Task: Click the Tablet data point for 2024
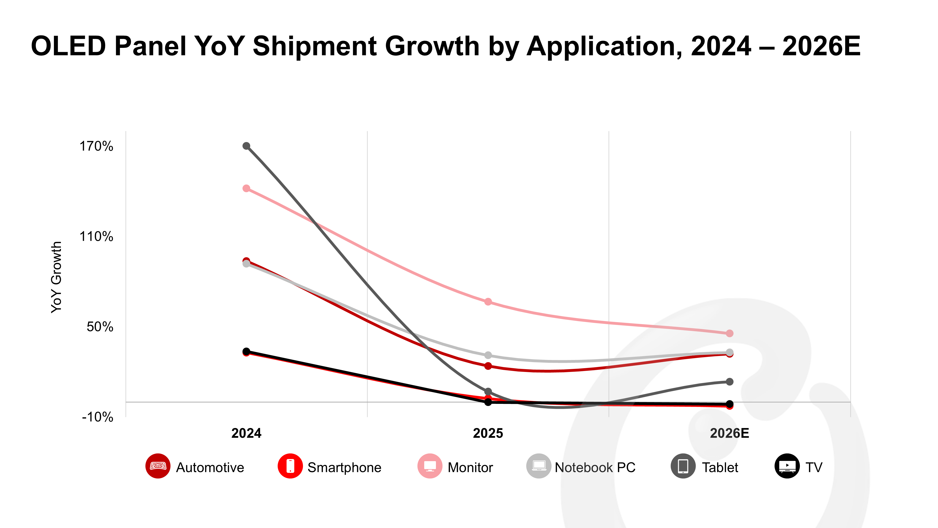coord(246,146)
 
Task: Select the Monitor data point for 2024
coord(246,188)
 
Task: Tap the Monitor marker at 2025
coord(488,302)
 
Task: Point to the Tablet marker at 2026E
coord(729,382)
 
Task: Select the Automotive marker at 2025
coord(488,366)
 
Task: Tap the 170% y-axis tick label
coord(96,146)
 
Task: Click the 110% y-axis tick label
coord(96,237)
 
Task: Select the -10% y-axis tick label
coord(97,417)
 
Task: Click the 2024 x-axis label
coord(246,433)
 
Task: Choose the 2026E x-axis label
coord(729,433)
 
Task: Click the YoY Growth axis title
coord(57,277)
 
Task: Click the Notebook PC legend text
coord(595,467)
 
